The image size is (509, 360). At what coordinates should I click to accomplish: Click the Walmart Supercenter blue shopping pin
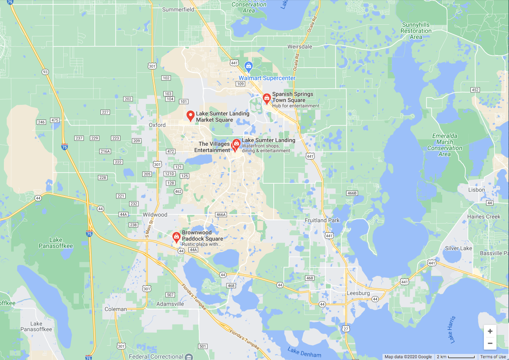click(x=248, y=66)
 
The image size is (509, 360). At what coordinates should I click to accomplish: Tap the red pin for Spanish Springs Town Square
click(x=267, y=98)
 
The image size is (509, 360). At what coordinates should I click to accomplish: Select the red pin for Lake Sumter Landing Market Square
click(x=190, y=115)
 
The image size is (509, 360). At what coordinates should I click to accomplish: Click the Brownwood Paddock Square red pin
click(x=176, y=237)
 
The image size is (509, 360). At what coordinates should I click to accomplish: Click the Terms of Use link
click(x=493, y=357)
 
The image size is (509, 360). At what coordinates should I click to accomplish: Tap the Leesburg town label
click(x=359, y=293)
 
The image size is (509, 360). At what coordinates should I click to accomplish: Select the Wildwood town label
click(x=155, y=215)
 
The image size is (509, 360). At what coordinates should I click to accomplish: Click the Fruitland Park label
click(x=322, y=220)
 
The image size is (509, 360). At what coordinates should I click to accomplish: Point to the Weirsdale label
click(x=300, y=46)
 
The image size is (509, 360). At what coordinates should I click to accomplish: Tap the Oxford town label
click(x=157, y=125)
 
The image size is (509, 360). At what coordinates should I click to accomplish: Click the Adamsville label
click(x=170, y=304)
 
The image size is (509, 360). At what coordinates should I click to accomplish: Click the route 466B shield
click(x=352, y=193)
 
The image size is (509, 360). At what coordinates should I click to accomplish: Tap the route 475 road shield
click(x=55, y=120)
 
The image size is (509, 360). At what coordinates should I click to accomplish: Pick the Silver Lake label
click(x=458, y=248)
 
